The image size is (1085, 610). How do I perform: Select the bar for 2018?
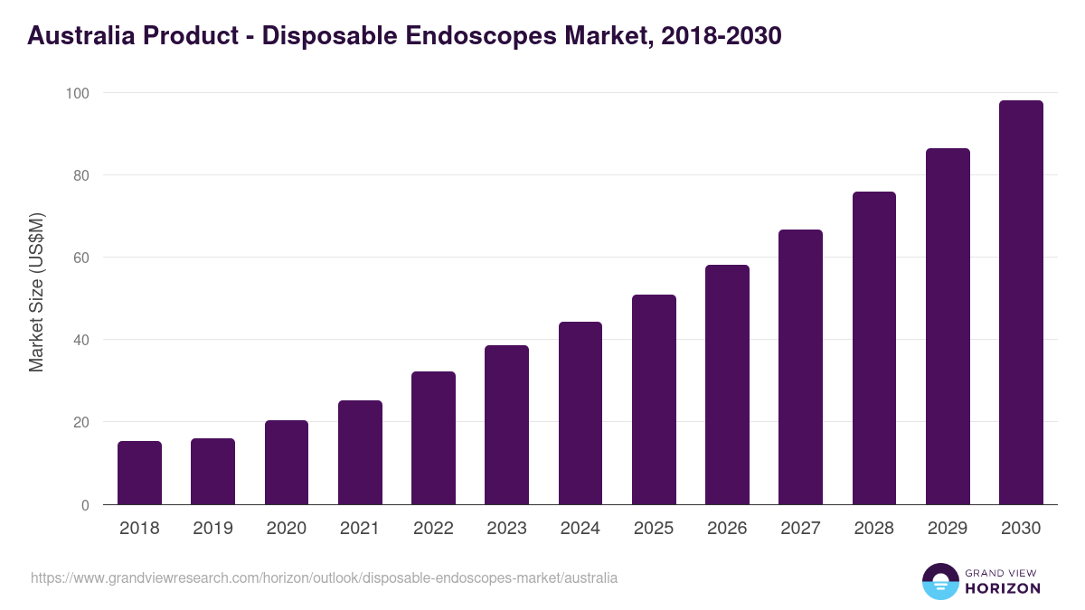click(x=139, y=473)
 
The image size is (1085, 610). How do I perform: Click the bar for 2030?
click(x=1021, y=303)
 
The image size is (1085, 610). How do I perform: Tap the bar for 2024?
click(x=580, y=413)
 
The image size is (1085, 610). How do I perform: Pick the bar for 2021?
click(x=360, y=452)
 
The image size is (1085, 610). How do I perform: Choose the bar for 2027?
click(x=800, y=367)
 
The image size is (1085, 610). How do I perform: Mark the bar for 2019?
click(x=212, y=472)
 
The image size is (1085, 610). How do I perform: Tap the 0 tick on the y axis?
click(x=85, y=505)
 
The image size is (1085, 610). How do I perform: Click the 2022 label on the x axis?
click(x=433, y=529)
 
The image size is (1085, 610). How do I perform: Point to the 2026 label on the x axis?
click(x=727, y=529)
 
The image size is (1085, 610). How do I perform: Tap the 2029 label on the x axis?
click(x=948, y=529)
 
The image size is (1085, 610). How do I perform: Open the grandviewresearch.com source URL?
click(x=324, y=577)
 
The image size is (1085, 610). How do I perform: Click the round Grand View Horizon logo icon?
click(x=939, y=581)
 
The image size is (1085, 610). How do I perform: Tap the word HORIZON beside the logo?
click(x=1003, y=588)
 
